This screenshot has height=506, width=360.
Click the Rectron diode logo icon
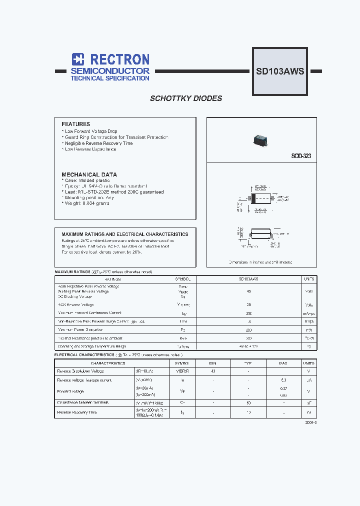77,59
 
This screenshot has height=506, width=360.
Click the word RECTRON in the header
117,59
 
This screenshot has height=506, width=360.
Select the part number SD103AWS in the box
280,71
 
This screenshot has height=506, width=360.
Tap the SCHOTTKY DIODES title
186,98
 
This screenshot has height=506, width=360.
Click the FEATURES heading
75,124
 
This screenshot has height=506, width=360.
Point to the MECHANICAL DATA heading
89,174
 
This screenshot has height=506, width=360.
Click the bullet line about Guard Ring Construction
116,137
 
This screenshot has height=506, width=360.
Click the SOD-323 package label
301,156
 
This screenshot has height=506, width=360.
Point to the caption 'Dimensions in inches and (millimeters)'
260,262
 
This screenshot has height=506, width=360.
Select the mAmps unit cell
309,313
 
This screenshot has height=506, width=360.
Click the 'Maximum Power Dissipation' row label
81,330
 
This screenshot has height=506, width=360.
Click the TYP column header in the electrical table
248,363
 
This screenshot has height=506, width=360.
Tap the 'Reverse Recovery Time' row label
77,412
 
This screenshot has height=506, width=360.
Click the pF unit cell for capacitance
309,402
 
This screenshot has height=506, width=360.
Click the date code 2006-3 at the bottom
310,422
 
